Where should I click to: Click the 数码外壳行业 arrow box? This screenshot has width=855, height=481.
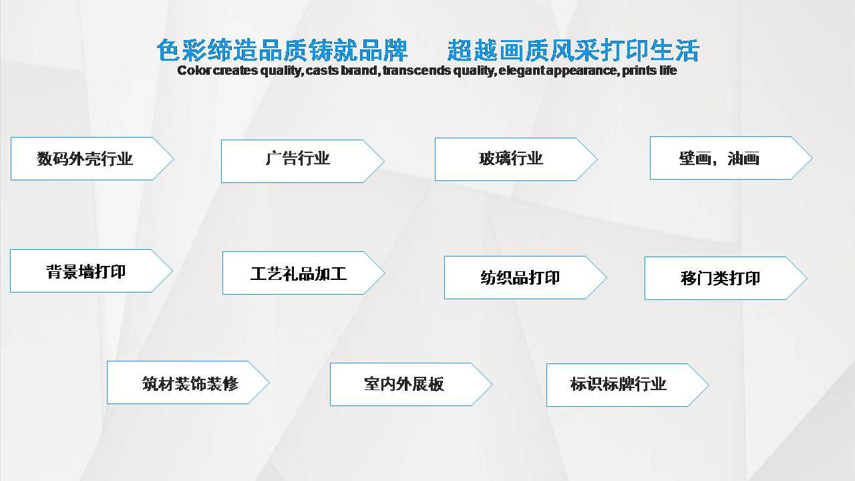point(92,158)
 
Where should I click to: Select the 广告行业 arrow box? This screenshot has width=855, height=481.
point(303,161)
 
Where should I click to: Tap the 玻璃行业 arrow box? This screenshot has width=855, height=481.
point(516,159)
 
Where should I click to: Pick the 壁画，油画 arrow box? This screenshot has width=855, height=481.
point(731,158)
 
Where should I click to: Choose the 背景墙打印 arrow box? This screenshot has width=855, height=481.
point(92,271)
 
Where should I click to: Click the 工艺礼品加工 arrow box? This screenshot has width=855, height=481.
point(304,273)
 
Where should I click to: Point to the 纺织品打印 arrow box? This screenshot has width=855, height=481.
point(526,277)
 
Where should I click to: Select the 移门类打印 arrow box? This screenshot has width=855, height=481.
point(726,279)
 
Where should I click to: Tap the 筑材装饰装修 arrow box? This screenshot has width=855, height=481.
point(188,383)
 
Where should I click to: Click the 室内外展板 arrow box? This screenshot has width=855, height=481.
point(411,384)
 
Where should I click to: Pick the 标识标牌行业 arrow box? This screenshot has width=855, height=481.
point(628,385)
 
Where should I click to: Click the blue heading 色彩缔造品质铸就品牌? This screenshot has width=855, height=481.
point(283,50)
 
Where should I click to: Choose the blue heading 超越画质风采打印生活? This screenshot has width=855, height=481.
point(573,50)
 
